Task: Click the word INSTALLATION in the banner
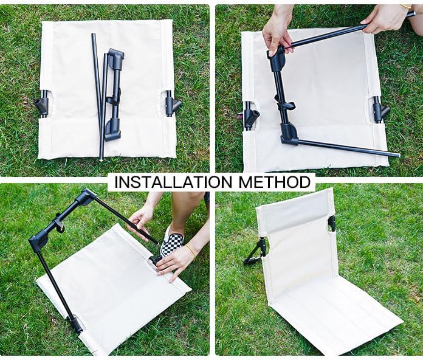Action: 173,182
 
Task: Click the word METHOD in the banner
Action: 274,182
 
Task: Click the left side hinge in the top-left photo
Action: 41,104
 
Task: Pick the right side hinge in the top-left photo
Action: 173,103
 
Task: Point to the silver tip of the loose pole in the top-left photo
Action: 101,159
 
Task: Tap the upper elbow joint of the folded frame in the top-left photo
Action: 115,57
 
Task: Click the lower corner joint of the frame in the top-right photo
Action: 289,133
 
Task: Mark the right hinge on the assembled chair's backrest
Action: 332,224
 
